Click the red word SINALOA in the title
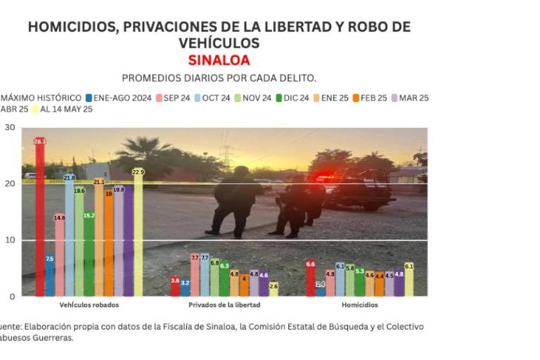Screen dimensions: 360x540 point(219,60)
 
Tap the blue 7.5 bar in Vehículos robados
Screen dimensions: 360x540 point(50,275)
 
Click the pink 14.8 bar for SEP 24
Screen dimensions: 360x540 point(60,255)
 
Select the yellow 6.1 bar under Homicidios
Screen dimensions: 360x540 point(409,279)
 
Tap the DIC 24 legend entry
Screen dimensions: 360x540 point(292,98)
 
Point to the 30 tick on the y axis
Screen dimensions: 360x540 point(10,127)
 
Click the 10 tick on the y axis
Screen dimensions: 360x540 point(10,240)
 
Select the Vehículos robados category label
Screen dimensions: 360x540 point(89,305)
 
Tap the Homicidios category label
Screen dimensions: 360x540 point(360,305)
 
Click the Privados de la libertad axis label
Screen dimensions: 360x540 point(224,305)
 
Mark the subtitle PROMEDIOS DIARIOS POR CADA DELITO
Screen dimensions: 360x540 point(219,77)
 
